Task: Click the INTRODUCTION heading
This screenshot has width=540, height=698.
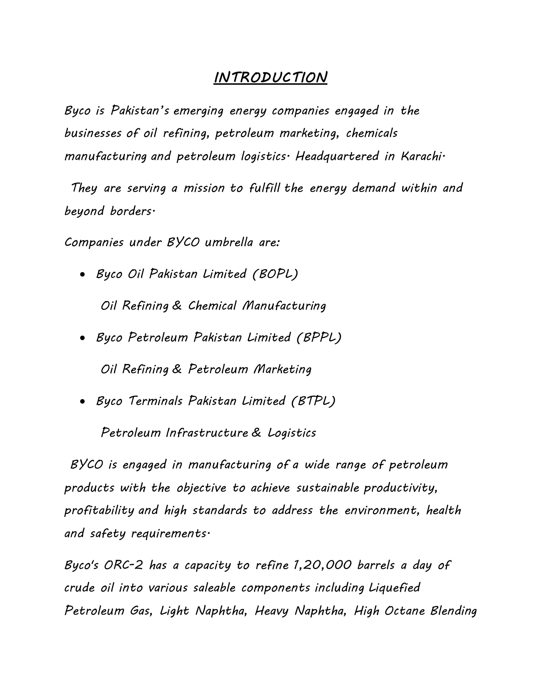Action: [270, 78]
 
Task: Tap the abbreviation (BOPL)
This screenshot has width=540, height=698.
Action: [275, 274]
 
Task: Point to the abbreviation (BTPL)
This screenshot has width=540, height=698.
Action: [313, 401]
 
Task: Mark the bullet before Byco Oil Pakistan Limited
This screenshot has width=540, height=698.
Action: [83, 274]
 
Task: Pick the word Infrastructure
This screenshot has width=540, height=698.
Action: [207, 433]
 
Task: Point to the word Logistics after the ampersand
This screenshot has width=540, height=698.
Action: [292, 433]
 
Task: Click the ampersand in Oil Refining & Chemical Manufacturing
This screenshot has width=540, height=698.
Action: [177, 306]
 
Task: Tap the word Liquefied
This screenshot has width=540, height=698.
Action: [394, 588]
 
